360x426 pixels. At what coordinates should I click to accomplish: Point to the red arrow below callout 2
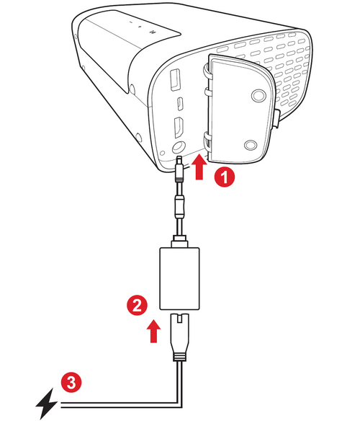click(151, 332)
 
